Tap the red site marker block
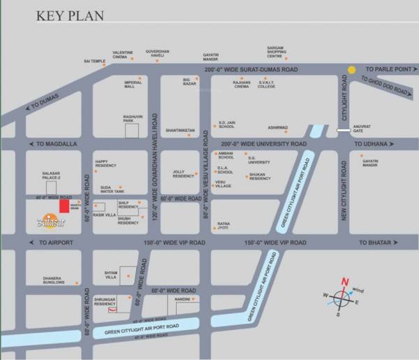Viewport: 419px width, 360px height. point(64,206)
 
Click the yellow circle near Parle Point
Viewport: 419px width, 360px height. point(353,70)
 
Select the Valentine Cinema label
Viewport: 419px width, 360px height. point(123,55)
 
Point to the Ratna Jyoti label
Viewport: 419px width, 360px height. point(223,225)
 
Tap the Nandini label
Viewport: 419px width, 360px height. point(183,296)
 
